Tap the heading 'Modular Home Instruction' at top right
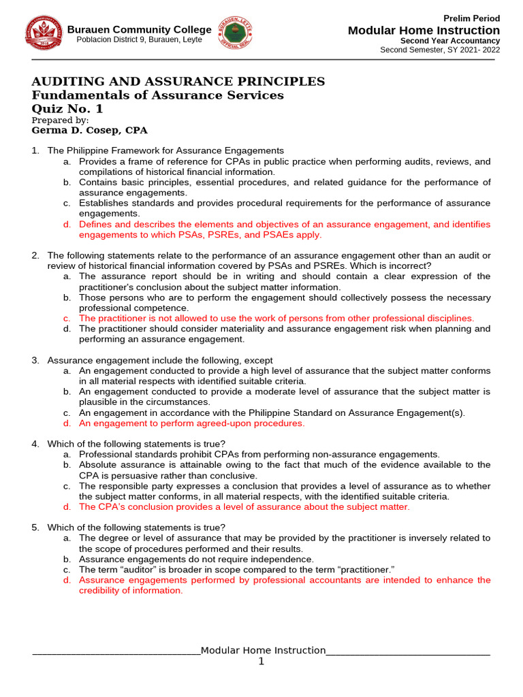[424, 31]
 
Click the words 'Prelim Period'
[471, 18]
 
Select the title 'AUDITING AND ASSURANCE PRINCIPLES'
[178, 82]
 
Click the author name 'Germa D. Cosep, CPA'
[89, 131]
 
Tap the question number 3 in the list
[35, 360]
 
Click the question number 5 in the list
[35, 528]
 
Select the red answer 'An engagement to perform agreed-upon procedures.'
[192, 423]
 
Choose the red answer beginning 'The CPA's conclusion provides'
[244, 507]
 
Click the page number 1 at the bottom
[261, 662]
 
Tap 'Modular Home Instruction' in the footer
[263, 650]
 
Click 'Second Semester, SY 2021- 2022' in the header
[439, 50]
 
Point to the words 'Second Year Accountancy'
[450, 41]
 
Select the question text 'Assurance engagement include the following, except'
[160, 360]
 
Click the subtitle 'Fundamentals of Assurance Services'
[158, 95]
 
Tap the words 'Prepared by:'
[60, 120]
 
